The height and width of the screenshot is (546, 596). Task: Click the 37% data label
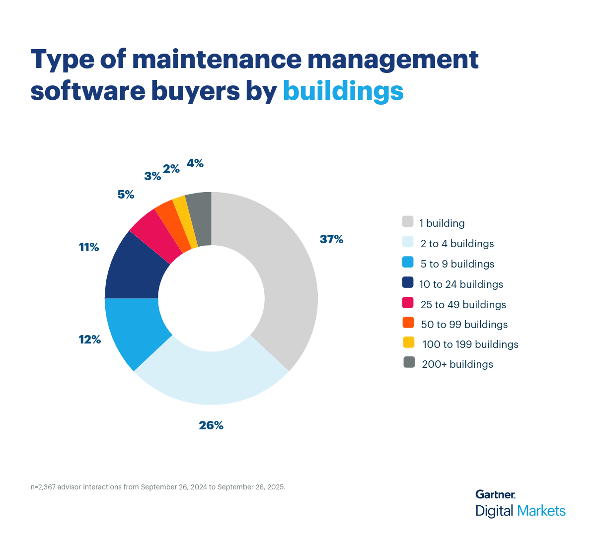331,239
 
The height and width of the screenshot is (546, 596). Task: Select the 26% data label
211,425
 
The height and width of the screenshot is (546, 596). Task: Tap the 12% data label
90,340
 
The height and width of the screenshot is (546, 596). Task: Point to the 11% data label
89,247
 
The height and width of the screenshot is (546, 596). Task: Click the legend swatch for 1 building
408,221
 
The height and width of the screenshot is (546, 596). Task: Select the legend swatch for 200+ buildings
409,362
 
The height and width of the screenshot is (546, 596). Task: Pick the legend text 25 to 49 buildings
463,304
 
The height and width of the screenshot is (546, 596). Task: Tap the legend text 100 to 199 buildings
470,344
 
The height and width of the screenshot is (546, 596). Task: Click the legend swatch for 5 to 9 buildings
408,262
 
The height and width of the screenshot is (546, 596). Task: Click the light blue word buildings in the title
343,91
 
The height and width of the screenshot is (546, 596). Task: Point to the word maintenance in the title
217,59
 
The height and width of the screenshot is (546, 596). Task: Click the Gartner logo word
495,494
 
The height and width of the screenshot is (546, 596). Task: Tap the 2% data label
171,169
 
